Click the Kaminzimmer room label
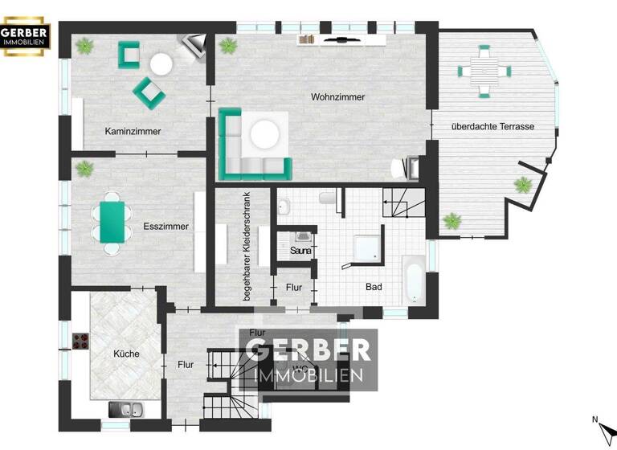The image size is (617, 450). pos(133,131)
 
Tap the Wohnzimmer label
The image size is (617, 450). pos(338,97)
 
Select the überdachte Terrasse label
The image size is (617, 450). pos(492,126)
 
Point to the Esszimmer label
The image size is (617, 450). pos(166,227)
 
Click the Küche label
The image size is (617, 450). pos(126,354)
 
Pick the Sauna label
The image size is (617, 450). pos(301,252)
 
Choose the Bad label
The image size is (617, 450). pos(374,287)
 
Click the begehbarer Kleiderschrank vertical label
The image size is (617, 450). pos(247,247)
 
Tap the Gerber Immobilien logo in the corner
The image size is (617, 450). pos(26,37)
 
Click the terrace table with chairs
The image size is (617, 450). pos(484,69)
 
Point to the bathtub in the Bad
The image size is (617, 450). pos(412,279)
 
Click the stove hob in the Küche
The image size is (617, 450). pos(80,341)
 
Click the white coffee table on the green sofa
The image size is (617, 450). pos(266,133)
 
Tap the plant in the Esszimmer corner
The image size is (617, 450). pos(84,169)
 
